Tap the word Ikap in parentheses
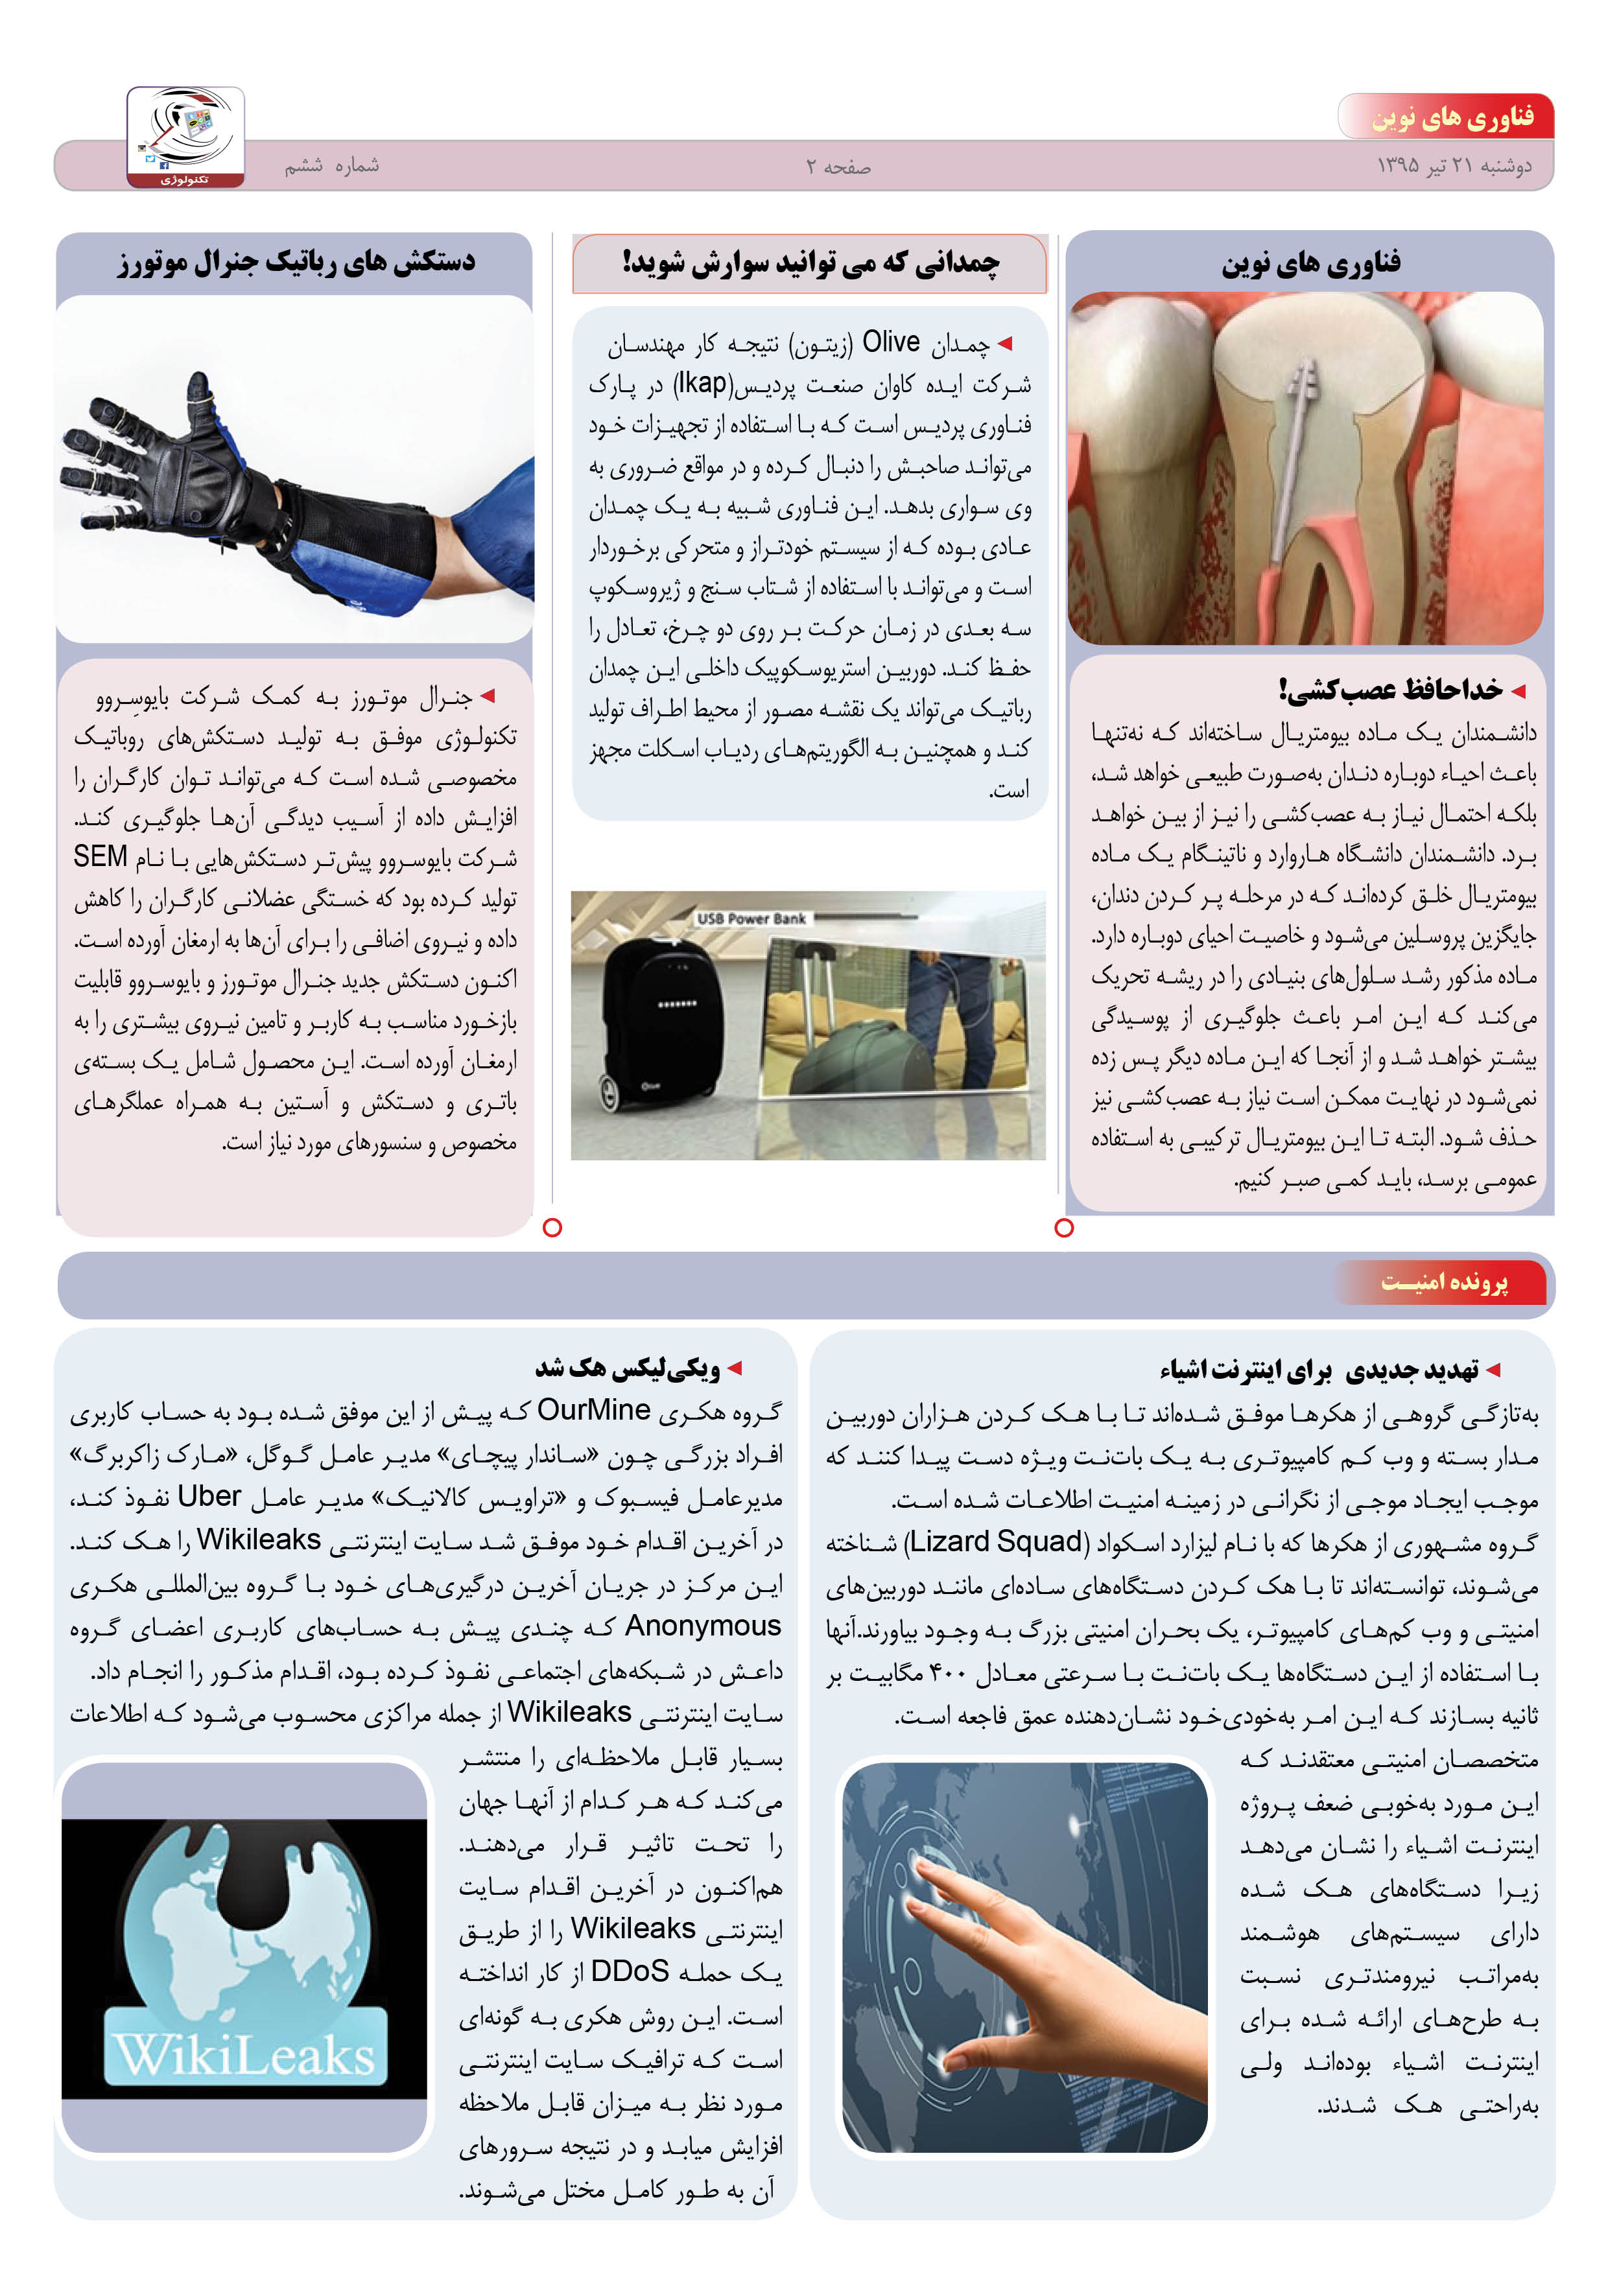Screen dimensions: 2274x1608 click(x=702, y=383)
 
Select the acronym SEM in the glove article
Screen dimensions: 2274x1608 click(x=100, y=857)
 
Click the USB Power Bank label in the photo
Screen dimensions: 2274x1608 click(x=751, y=918)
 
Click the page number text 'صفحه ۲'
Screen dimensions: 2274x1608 click(x=838, y=167)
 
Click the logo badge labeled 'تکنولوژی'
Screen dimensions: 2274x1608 click(x=185, y=137)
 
